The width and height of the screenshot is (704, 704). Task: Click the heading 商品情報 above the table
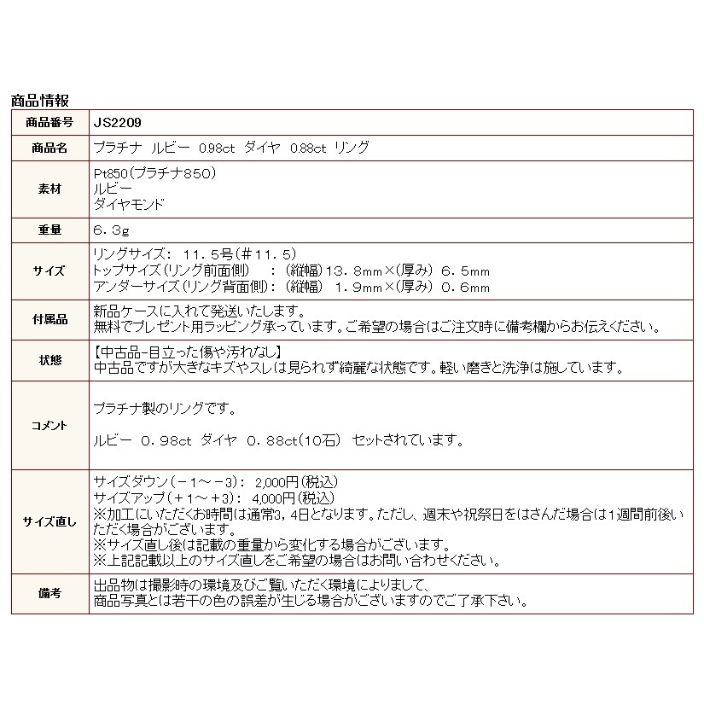(40, 101)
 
